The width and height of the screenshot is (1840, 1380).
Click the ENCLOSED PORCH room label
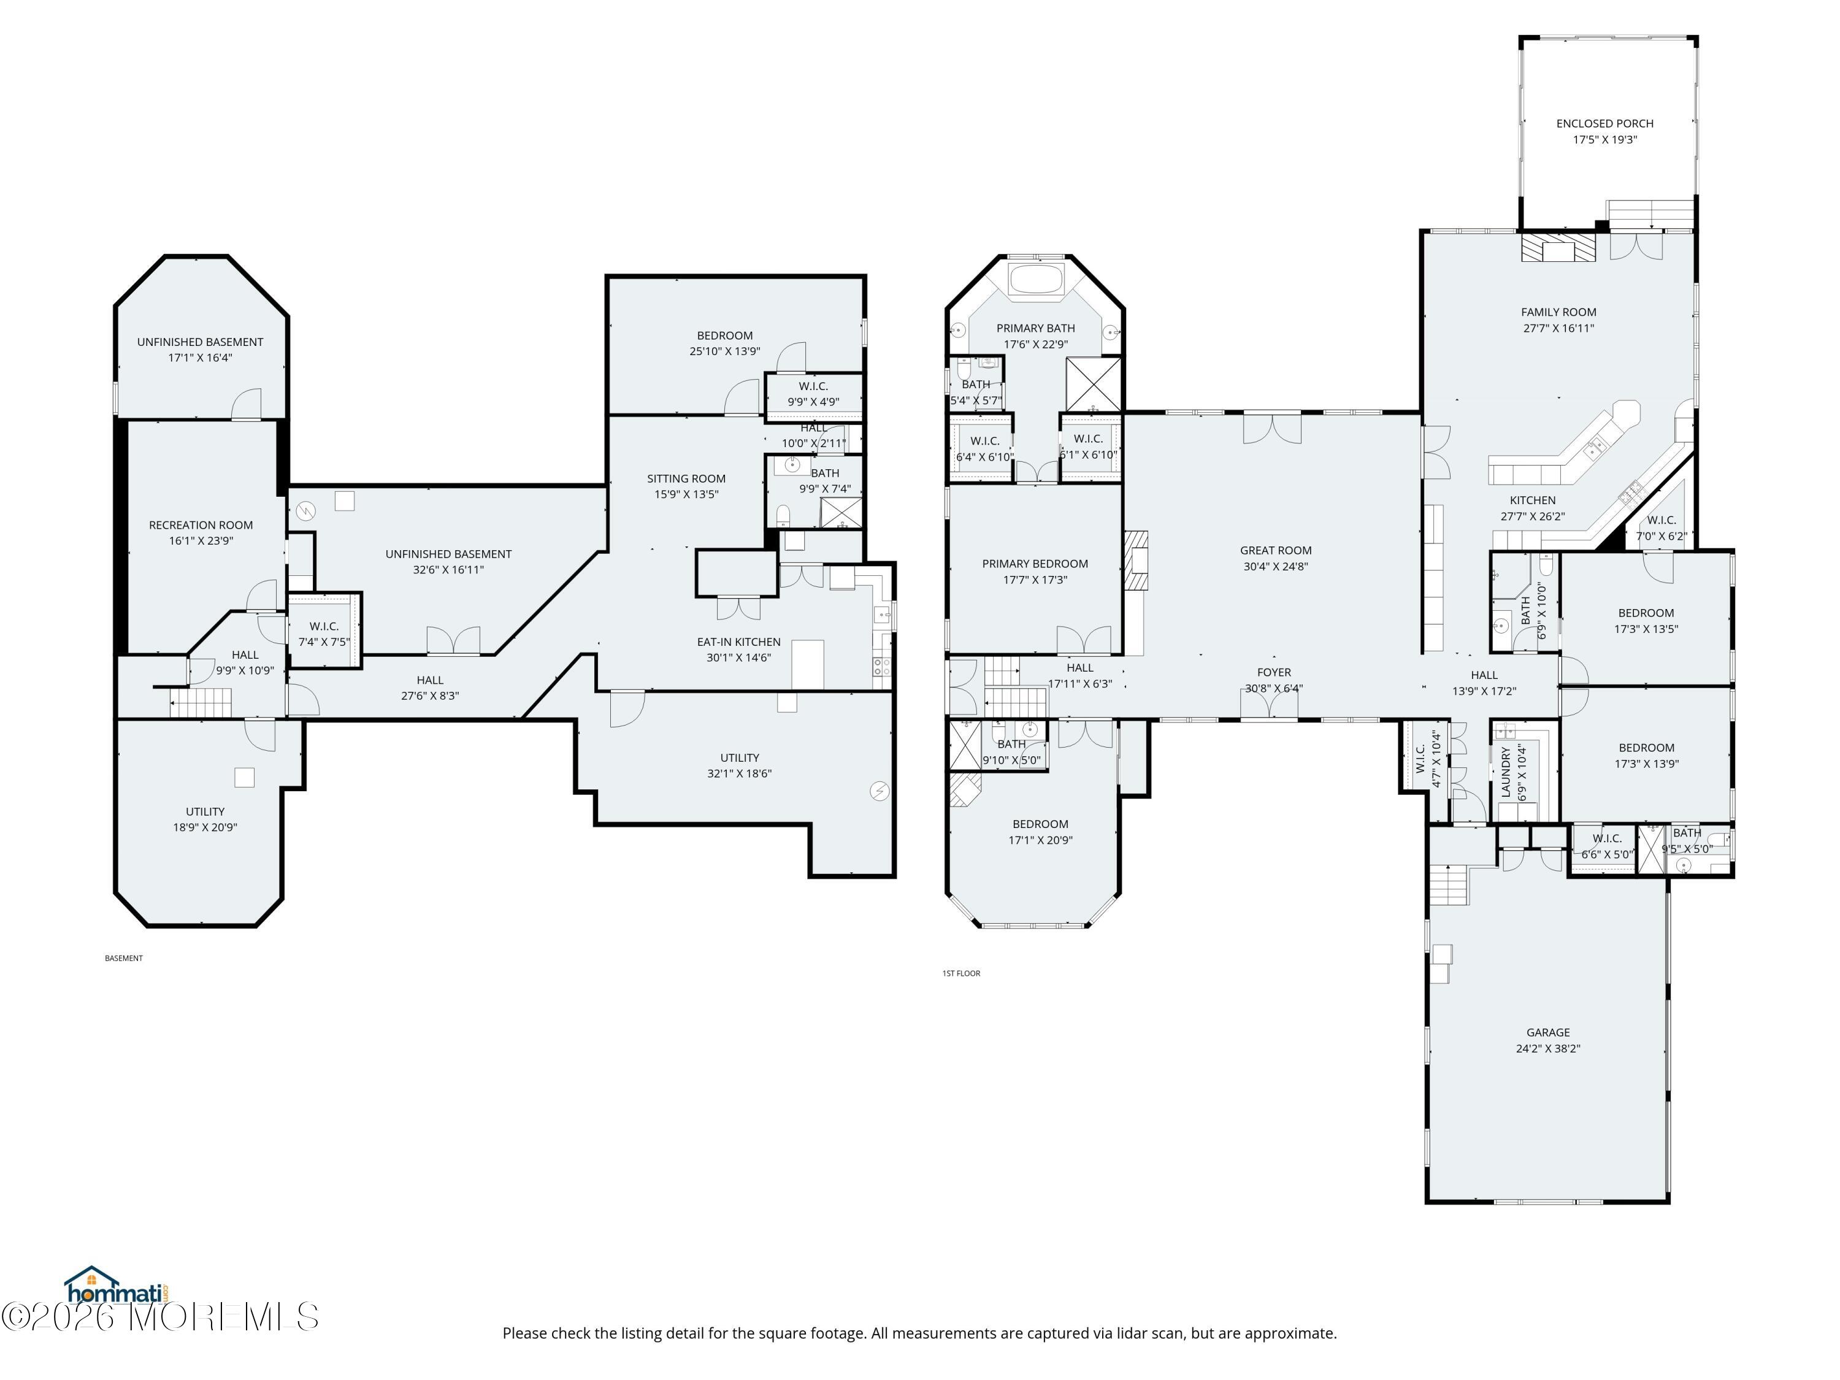tap(1604, 123)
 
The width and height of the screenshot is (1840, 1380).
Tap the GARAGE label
tap(1548, 1032)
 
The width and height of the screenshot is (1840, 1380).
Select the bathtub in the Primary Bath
tap(1036, 278)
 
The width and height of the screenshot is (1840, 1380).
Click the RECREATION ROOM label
tap(201, 525)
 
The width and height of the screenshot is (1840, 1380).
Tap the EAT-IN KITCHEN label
tap(738, 642)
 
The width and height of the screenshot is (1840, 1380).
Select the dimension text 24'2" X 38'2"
tap(1548, 1048)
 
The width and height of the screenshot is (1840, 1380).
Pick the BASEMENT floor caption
tap(124, 958)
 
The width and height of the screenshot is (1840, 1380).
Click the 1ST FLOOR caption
tap(962, 973)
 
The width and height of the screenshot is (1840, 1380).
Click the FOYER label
tap(1275, 672)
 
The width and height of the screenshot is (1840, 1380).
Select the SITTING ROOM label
tap(686, 478)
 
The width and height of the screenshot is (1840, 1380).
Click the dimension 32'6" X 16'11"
tap(448, 570)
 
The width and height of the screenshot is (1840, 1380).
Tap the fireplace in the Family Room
tap(1559, 248)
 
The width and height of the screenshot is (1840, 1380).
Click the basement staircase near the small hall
tap(201, 703)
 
